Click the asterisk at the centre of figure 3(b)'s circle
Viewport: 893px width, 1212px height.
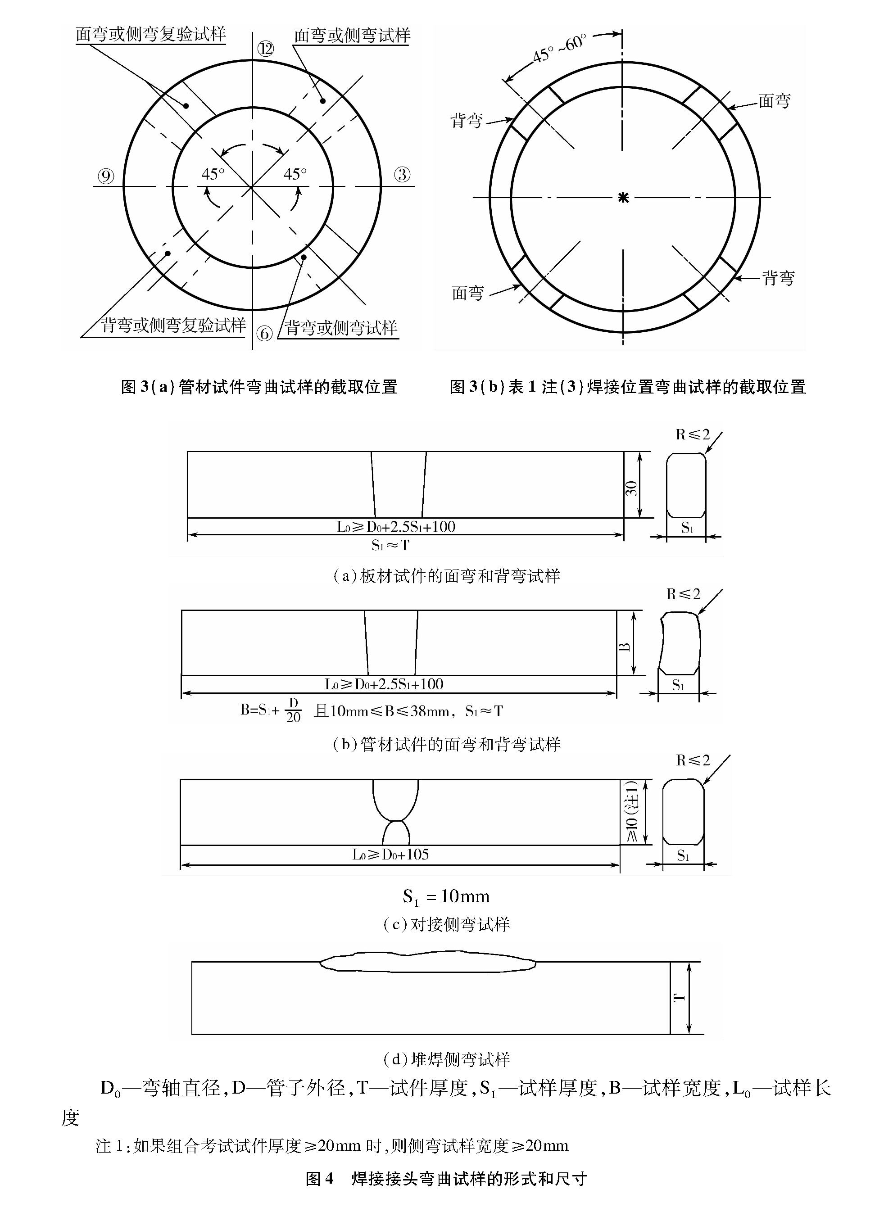coord(623,198)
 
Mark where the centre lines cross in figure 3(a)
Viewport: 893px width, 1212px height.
coord(252,187)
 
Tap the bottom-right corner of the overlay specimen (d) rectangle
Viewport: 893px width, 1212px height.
coord(670,1034)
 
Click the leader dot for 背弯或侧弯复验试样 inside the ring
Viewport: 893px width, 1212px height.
coord(168,253)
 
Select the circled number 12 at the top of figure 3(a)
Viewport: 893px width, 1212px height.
coord(265,50)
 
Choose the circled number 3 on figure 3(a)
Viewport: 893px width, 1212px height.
coord(402,175)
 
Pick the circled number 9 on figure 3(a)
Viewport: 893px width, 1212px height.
coord(106,176)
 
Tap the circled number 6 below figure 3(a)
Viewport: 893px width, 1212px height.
coord(264,334)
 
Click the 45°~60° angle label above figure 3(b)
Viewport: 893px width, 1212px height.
coord(559,49)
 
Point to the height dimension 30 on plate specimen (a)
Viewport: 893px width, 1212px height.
coord(631,488)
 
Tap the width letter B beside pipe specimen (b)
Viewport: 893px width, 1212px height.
coord(624,647)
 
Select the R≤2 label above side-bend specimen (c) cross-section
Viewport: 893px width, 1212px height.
coord(693,761)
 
